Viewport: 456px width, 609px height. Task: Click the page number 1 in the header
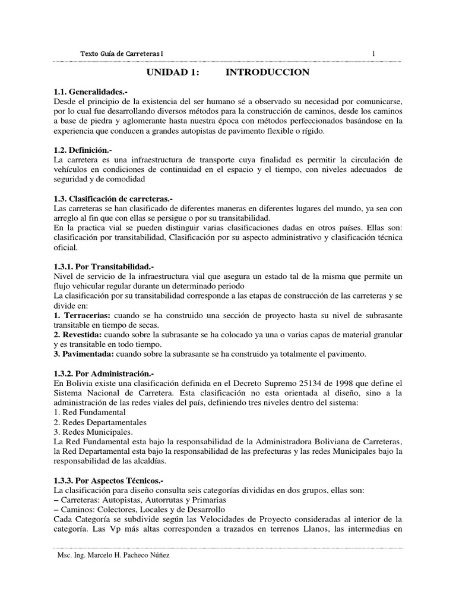tap(373, 54)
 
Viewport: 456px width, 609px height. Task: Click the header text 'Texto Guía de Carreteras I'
tap(122, 54)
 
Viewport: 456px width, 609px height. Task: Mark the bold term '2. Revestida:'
tap(76, 335)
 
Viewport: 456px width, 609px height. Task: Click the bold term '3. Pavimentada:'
tap(83, 354)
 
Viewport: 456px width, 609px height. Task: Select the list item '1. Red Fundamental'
tap(90, 412)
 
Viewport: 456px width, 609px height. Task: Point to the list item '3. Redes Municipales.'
tap(93, 431)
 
